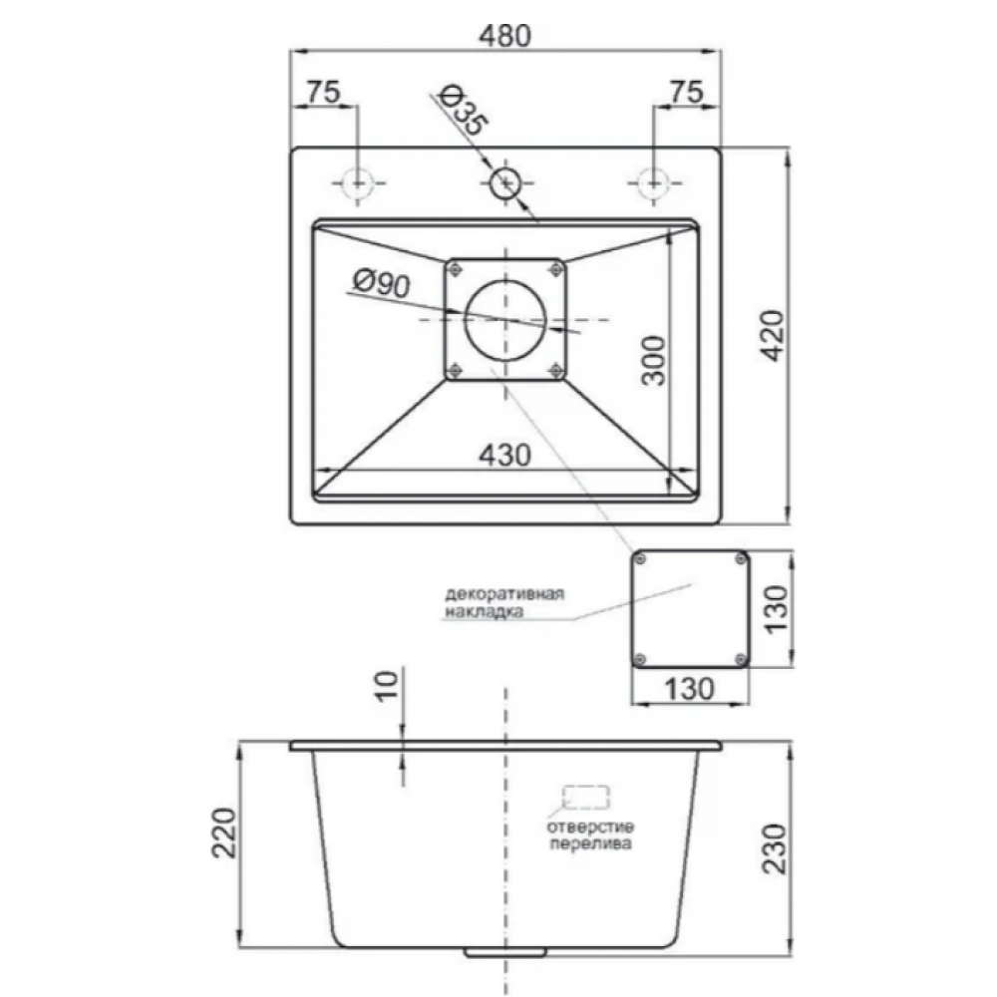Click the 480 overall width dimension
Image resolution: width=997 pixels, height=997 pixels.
tap(504, 36)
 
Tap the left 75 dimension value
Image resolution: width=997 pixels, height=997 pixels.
tap(324, 92)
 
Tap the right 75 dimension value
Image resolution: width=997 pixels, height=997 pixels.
tap(687, 92)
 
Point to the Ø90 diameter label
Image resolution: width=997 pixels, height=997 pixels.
tap(382, 283)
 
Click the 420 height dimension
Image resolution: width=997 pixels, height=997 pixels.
tap(774, 336)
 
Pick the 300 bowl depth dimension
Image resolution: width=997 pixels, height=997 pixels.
tap(653, 361)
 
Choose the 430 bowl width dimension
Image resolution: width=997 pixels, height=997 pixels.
tap(504, 456)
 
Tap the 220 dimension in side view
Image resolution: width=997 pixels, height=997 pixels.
tap(224, 832)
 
